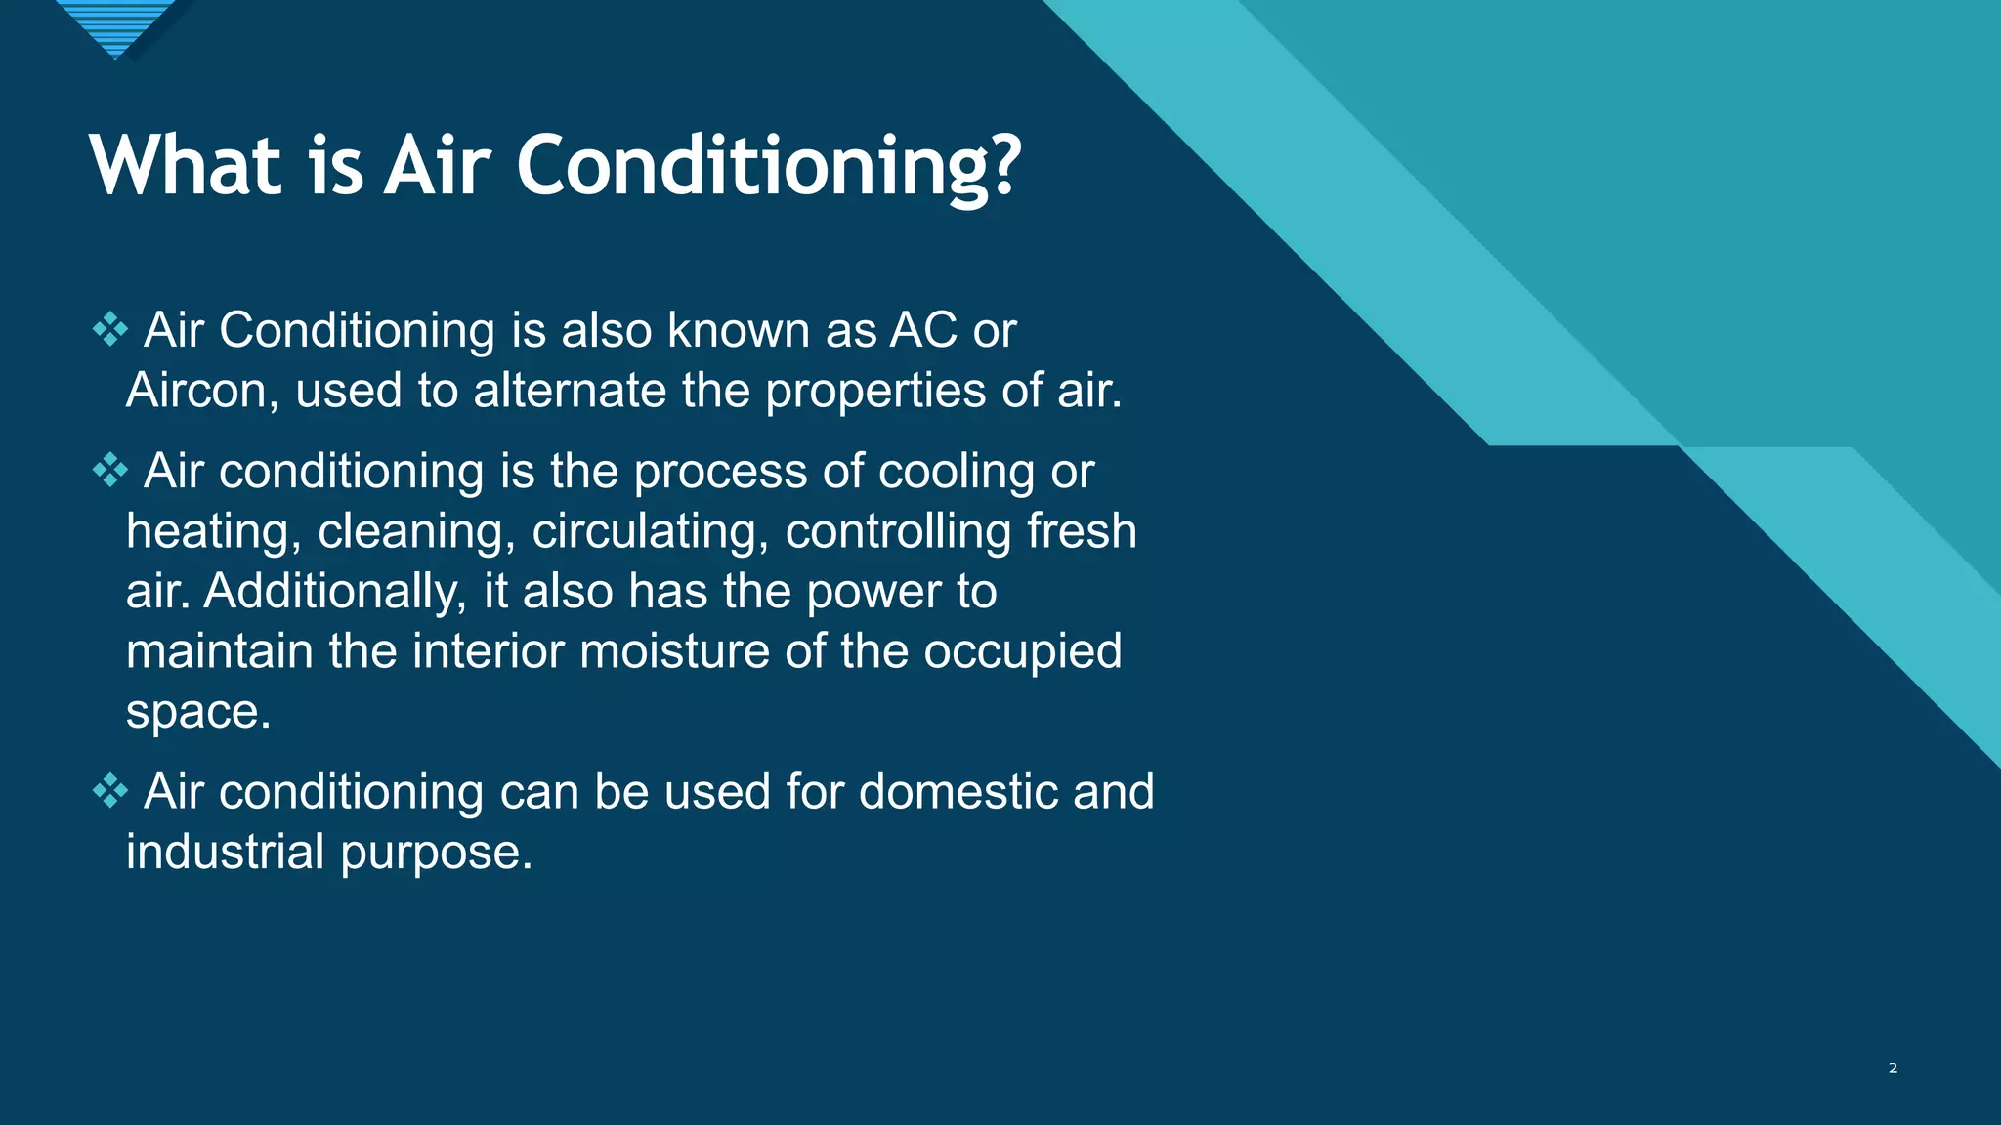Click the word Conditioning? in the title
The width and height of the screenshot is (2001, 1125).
[x=768, y=166]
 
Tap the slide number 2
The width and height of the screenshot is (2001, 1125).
[x=1893, y=1068]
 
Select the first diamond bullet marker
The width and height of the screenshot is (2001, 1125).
[x=109, y=330]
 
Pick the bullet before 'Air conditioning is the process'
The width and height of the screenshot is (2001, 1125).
[x=109, y=472]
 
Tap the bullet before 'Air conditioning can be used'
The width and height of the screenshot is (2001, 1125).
[x=109, y=791]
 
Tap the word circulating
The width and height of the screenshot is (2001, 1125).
[x=650, y=533]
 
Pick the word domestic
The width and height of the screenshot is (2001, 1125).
[x=958, y=791]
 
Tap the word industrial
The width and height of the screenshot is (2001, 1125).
[x=225, y=852]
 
